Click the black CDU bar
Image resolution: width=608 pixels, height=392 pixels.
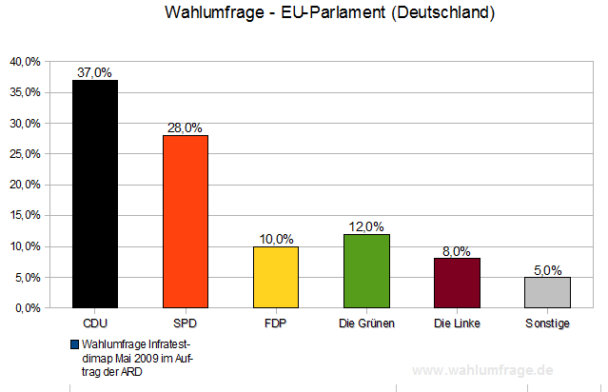[95, 194]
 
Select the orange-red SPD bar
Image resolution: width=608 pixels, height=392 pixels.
[185, 222]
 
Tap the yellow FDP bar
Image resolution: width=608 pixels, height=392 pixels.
[275, 277]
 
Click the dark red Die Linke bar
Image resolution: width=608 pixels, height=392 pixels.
[458, 284]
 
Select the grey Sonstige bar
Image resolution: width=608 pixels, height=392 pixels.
[547, 292]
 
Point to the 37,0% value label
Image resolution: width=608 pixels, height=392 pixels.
[95, 72]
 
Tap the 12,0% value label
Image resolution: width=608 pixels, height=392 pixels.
[366, 226]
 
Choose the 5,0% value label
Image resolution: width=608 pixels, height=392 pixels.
[547, 269]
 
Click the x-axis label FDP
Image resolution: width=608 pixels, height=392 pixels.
[275, 323]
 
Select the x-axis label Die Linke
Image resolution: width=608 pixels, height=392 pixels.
[458, 323]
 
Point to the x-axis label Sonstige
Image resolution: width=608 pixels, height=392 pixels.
[547, 323]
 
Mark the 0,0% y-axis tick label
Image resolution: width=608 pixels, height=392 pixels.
[27, 308]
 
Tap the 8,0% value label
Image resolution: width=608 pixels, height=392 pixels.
[458, 251]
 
